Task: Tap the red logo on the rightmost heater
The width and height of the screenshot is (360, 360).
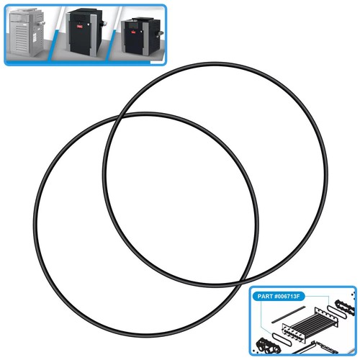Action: (x=133, y=32)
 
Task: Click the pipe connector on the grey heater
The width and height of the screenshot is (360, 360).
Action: (x=42, y=24)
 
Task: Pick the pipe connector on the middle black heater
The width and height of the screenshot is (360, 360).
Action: (x=104, y=24)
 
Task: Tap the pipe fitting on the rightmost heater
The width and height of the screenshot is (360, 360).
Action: (x=161, y=33)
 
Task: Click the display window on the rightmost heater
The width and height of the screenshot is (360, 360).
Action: (x=132, y=25)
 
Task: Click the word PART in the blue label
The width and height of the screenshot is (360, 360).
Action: (x=265, y=296)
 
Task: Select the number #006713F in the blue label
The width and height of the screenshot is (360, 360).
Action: (x=287, y=296)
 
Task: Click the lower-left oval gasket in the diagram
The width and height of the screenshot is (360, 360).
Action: (x=282, y=338)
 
